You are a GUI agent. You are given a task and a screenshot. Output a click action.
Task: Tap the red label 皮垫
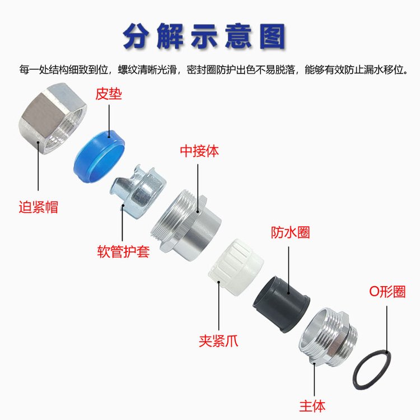pyautogui.click(x=109, y=94)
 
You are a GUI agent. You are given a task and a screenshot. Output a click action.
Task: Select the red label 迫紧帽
pyautogui.click(x=38, y=207)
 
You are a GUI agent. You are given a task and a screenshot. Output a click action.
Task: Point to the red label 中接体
pyautogui.click(x=199, y=151)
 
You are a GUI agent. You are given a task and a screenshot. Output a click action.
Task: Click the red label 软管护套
pyautogui.click(x=123, y=251)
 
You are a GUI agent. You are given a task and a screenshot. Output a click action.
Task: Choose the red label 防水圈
pyautogui.click(x=290, y=232)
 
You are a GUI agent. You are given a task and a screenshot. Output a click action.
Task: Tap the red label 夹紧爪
pyautogui.click(x=218, y=341)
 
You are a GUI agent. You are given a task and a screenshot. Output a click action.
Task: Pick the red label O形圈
pyautogui.click(x=388, y=291)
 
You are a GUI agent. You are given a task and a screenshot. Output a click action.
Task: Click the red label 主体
pyautogui.click(x=312, y=406)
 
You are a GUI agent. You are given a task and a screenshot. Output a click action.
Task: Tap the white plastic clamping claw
pyautogui.click(x=236, y=267)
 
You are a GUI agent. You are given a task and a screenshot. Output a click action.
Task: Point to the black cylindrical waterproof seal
pyautogui.click(x=281, y=304)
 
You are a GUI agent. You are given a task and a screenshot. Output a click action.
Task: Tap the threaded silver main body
pyautogui.click(x=328, y=338)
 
